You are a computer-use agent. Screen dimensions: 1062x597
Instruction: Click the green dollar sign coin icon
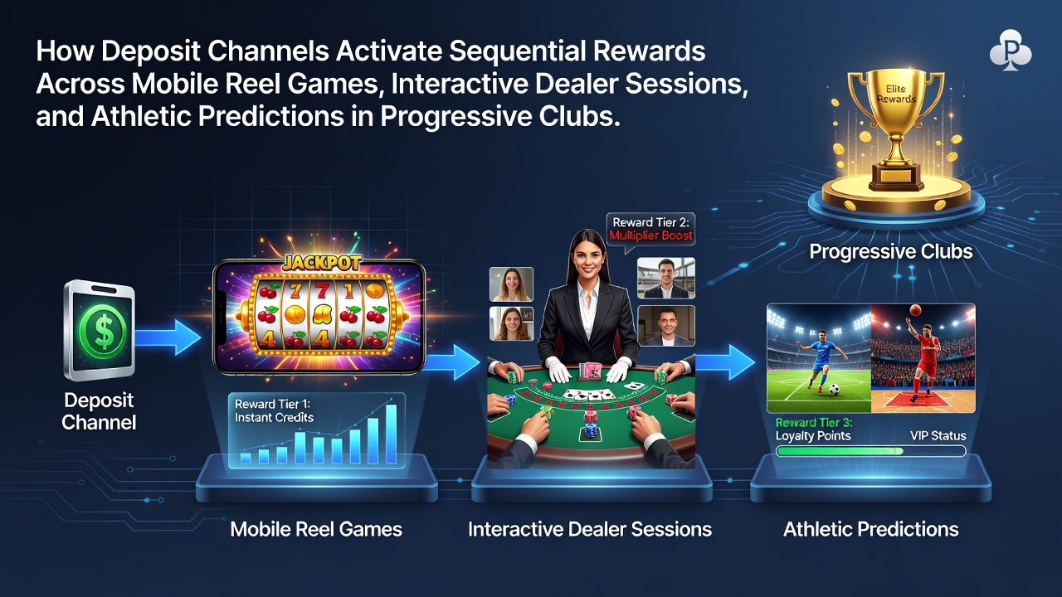pyautogui.click(x=103, y=330)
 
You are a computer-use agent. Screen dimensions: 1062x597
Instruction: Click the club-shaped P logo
pyautogui.click(x=1010, y=51)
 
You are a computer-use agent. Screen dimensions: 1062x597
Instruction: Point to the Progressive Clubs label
pyautogui.click(x=891, y=251)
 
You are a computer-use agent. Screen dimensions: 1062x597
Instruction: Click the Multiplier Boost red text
pyautogui.click(x=650, y=235)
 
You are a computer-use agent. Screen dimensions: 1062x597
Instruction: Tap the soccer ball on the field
pyautogui.click(x=834, y=389)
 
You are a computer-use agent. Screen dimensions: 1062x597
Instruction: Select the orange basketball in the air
pyautogui.click(x=915, y=310)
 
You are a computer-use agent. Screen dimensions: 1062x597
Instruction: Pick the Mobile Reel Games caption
pyautogui.click(x=316, y=529)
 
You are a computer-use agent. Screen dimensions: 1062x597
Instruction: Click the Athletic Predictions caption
pyautogui.click(x=871, y=529)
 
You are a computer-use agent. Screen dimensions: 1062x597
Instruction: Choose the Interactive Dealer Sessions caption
pyautogui.click(x=590, y=529)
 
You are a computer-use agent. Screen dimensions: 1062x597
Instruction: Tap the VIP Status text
pyautogui.click(x=938, y=436)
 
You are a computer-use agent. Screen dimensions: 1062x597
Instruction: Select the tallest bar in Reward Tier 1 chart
pyautogui.click(x=391, y=434)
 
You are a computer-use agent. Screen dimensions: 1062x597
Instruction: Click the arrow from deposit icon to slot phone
pyautogui.click(x=168, y=337)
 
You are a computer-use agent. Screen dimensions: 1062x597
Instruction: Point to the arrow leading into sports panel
pyautogui.click(x=725, y=362)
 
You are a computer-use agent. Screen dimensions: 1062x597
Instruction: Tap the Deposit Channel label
pyautogui.click(x=99, y=411)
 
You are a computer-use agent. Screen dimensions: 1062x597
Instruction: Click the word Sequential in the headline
pyautogui.click(x=517, y=51)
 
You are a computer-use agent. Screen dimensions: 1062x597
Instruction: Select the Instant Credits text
pyautogui.click(x=274, y=417)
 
